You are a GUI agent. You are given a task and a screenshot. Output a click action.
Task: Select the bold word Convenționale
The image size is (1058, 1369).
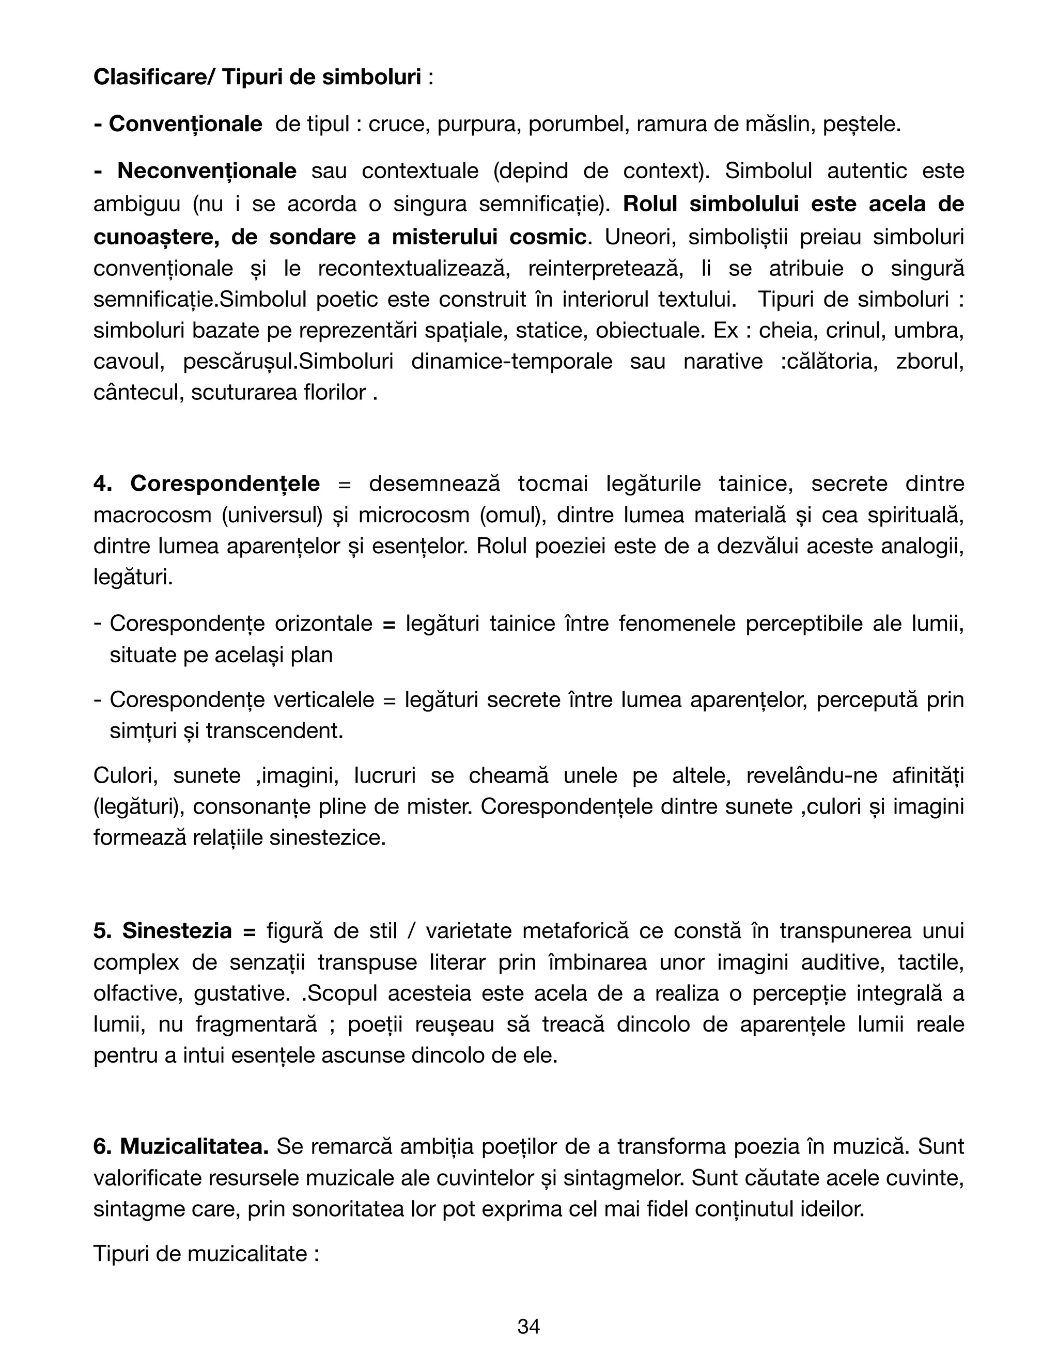coord(185,124)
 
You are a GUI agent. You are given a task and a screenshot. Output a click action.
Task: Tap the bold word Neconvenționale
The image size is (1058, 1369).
coord(207,170)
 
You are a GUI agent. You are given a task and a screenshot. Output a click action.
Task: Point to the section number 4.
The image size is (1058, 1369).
coord(102,484)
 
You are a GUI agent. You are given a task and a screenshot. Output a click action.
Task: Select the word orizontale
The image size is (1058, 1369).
coord(323,624)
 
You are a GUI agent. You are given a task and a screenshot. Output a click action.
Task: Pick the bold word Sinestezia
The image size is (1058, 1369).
coord(177,931)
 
